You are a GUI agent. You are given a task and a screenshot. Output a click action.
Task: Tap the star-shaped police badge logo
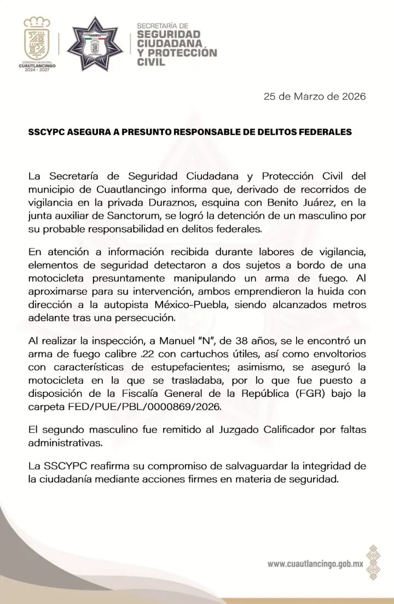[x=98, y=43]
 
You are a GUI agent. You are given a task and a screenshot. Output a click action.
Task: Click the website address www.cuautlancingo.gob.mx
[x=316, y=564]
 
